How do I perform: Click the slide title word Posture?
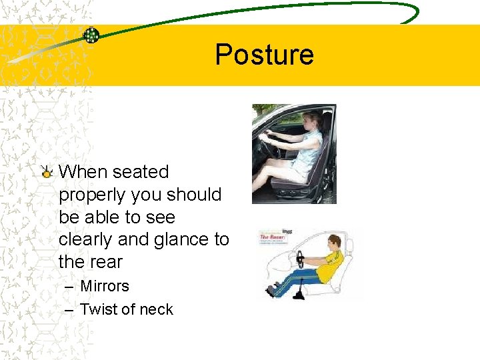tap(264, 54)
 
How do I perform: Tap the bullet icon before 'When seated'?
tap(47, 173)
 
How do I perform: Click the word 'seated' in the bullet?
tap(141, 172)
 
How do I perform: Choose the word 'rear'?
tap(106, 262)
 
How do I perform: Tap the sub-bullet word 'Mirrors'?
tap(105, 286)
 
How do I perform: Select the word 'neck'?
tap(155, 309)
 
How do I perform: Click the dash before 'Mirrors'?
tap(70, 287)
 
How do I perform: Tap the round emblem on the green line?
tap(91, 35)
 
